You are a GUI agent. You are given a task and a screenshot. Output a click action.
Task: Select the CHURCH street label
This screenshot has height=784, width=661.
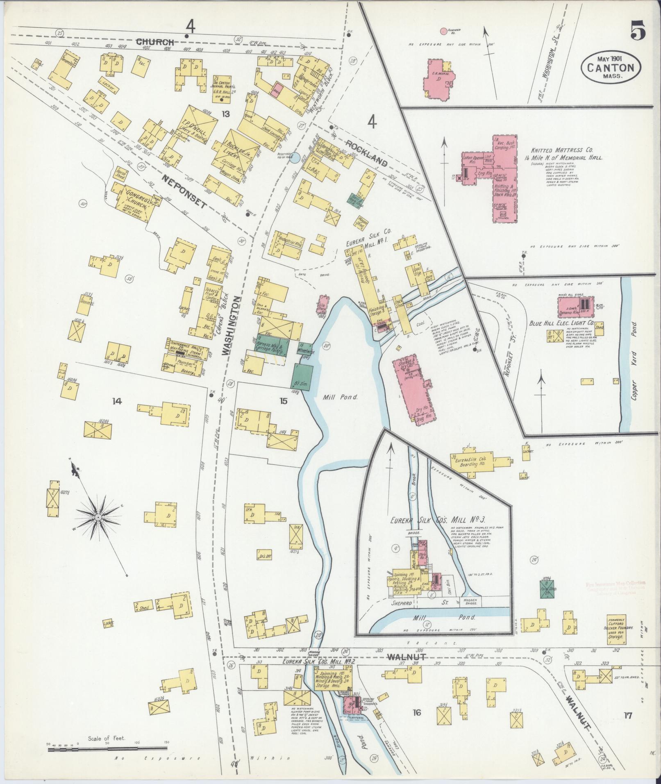[155, 41]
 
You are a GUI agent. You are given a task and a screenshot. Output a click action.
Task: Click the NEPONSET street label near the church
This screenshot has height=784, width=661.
[186, 190]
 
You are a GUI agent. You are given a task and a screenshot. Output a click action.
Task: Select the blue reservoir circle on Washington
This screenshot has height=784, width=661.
[294, 157]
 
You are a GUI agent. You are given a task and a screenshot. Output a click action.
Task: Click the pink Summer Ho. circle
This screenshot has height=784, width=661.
[443, 31]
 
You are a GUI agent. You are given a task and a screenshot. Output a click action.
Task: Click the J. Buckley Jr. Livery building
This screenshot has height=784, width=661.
[232, 152]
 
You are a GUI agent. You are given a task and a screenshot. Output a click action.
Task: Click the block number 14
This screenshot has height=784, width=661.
[117, 401]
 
